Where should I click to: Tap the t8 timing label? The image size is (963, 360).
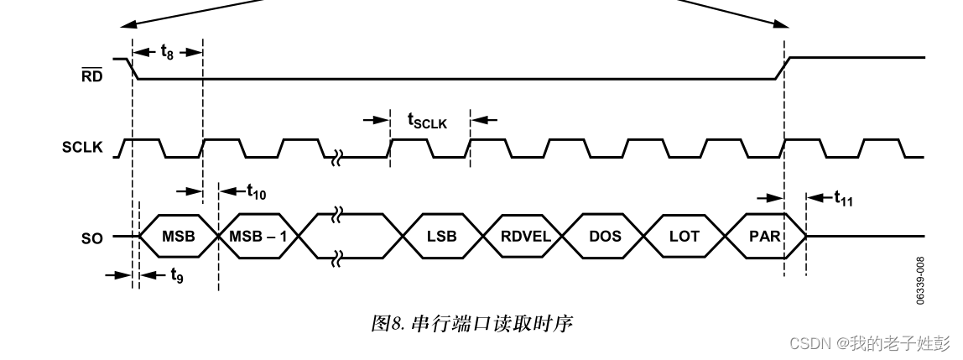(168, 51)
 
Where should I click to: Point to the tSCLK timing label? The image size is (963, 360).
(428, 121)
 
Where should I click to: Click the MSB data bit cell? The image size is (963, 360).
(178, 237)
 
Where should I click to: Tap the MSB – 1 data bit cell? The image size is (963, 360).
(258, 237)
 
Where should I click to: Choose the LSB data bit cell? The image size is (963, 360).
(441, 237)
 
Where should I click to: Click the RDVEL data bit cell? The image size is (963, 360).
(526, 237)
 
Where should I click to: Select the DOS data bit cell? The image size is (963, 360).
(605, 237)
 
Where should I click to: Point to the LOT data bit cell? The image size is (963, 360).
(684, 237)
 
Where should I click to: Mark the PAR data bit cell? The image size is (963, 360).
(764, 237)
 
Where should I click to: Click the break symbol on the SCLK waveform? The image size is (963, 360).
(336, 157)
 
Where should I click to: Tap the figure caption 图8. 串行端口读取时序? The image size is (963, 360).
(471, 322)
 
